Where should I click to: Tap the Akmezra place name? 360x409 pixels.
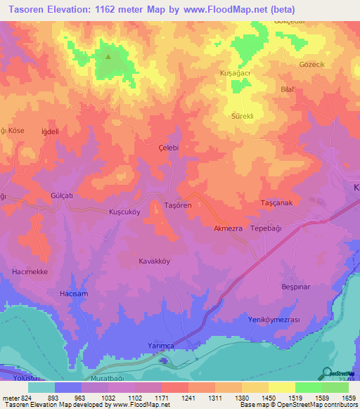click(x=229, y=229)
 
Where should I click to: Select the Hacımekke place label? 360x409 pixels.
click(x=30, y=271)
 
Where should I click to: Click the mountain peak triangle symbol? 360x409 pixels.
click(x=108, y=57)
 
